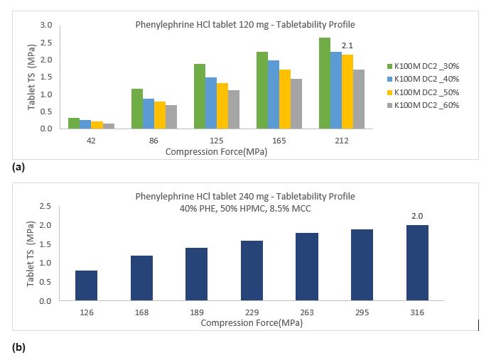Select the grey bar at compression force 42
[108, 126]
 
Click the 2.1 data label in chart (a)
[347, 45]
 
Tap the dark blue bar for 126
[86, 285]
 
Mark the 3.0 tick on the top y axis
[47, 25]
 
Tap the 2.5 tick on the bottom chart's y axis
[47, 207]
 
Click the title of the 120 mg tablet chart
[245, 24]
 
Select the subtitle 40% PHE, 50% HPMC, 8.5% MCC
[245, 209]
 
